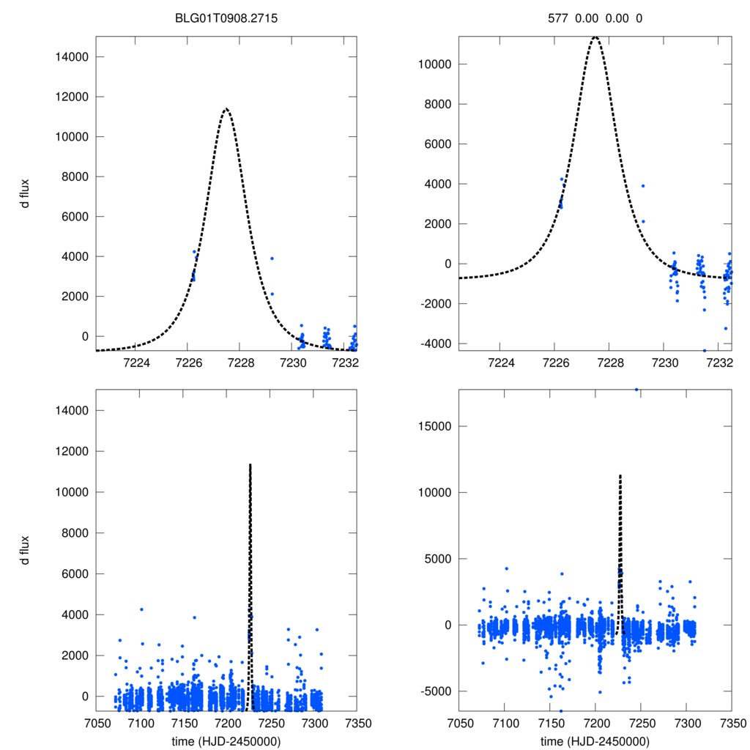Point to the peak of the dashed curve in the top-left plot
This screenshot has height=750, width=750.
[x=226, y=109]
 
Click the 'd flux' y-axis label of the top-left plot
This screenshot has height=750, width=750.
[x=24, y=198]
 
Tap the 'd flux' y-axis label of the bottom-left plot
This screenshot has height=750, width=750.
[x=24, y=550]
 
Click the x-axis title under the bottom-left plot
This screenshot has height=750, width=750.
[x=226, y=741]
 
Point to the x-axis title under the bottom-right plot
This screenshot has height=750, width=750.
[x=595, y=741]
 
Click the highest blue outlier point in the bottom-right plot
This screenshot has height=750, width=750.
[x=636, y=390]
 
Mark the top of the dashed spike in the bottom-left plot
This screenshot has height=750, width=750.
[x=250, y=464]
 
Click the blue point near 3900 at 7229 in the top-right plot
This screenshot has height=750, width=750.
[x=643, y=186]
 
